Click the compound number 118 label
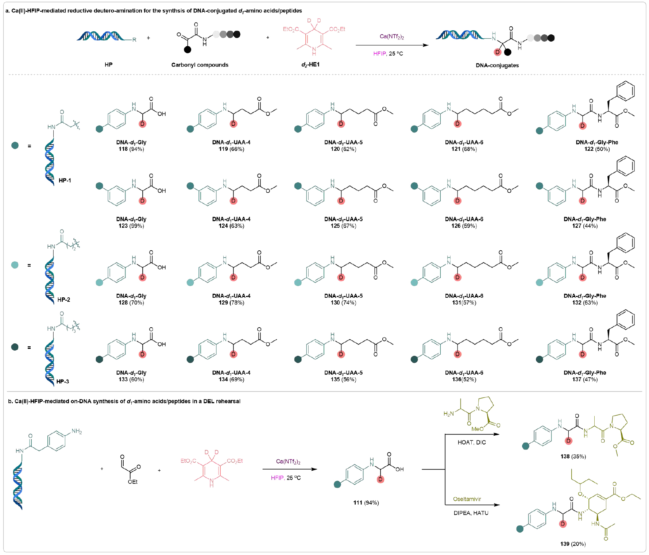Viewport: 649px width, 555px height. tap(123, 149)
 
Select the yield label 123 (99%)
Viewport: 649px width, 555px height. tap(131, 226)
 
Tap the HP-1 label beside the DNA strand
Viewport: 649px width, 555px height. tap(65, 181)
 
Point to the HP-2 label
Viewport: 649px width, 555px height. tap(64, 300)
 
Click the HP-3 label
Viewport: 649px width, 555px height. tap(63, 381)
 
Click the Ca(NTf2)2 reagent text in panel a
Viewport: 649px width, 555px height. tap(391, 36)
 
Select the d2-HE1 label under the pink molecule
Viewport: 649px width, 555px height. tap(310, 65)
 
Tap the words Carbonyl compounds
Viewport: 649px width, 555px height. tap(200, 65)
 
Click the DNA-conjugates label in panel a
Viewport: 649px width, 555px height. tap(497, 65)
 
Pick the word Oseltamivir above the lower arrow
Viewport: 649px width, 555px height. tap(467, 499)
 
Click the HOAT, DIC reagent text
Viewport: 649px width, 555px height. tap(471, 442)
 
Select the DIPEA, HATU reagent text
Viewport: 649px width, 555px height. tap(471, 513)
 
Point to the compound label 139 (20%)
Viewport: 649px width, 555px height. tap(573, 544)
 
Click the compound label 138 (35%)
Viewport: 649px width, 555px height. tap(573, 456)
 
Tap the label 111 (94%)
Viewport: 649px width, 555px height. tap(366, 502)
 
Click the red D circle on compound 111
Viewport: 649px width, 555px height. tap(380, 479)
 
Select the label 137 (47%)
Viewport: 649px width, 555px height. tap(584, 379)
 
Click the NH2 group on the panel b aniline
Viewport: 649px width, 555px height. tap(77, 431)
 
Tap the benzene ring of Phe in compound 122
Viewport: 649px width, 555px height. tap(625, 90)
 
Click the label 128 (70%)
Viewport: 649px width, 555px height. tap(131, 302)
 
